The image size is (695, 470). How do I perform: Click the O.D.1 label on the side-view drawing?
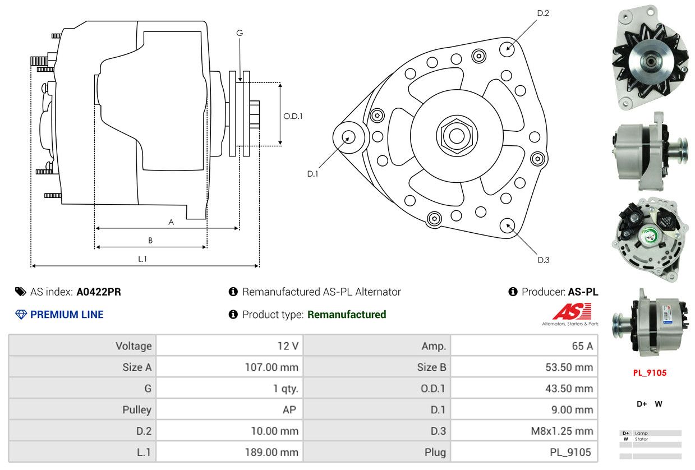(x=293, y=116)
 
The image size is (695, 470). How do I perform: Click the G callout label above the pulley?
(x=240, y=33)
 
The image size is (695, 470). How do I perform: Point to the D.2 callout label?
(x=543, y=13)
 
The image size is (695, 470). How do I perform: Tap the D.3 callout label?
(x=544, y=260)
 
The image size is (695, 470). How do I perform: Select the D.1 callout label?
(x=313, y=174)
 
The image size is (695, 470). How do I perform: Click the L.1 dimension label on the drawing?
(x=142, y=259)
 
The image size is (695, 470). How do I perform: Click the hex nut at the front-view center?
(x=457, y=136)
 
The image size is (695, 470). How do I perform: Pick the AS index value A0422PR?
(x=99, y=292)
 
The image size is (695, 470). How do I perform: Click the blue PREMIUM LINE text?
(x=67, y=315)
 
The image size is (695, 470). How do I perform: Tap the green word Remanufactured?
(x=347, y=315)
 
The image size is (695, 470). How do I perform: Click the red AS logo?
(x=572, y=311)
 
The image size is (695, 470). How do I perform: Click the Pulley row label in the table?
(x=137, y=410)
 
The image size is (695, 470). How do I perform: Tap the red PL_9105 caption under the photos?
(x=650, y=373)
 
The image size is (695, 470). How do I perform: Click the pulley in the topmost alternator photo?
(x=651, y=62)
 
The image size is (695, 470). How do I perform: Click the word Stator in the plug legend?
(x=641, y=439)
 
